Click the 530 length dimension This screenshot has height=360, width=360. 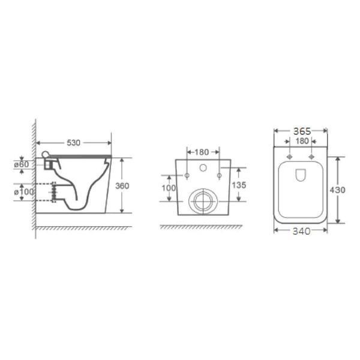click(x=73, y=143)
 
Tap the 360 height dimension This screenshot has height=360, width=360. click(x=122, y=185)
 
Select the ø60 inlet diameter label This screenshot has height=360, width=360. click(x=22, y=164)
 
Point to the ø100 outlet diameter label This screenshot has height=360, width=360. click(x=24, y=192)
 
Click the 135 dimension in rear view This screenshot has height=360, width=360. click(x=239, y=185)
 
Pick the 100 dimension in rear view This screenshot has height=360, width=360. click(x=169, y=188)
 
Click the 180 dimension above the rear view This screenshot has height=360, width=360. click(x=202, y=152)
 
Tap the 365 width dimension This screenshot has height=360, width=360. click(x=302, y=131)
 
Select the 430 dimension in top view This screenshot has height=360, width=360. click(x=337, y=190)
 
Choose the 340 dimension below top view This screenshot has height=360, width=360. click(x=301, y=231)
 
